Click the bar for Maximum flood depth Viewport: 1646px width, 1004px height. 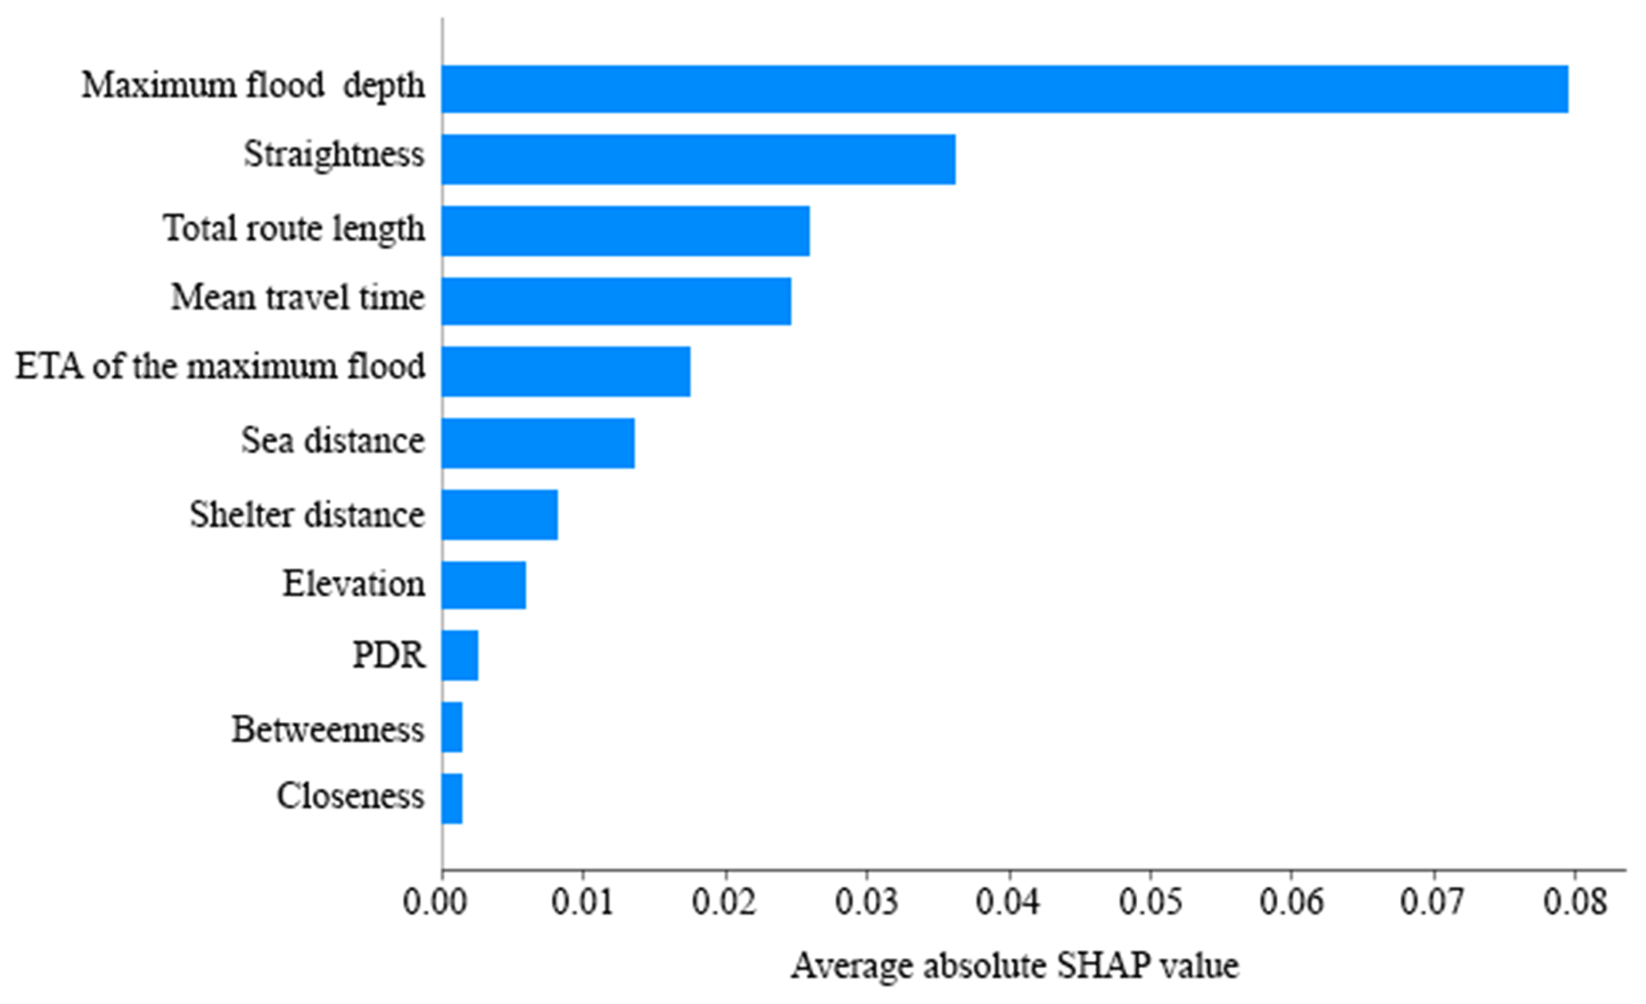[1005, 88]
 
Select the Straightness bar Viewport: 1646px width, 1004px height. [698, 159]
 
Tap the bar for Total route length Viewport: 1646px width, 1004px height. [626, 230]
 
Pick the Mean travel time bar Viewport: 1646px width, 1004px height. [616, 301]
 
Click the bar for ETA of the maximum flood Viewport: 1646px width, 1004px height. [566, 371]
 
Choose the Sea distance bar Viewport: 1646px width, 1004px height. [538, 443]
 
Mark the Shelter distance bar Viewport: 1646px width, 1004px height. [500, 515]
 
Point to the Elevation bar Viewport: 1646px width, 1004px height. [484, 585]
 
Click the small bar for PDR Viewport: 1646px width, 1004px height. [460, 656]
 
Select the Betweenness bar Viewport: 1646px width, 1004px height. [452, 727]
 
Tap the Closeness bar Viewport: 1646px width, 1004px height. [452, 798]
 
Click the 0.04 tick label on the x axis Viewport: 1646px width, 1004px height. [1009, 903]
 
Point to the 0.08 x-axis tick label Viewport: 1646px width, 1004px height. [1574, 903]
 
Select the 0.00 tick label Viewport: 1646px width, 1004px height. [443, 903]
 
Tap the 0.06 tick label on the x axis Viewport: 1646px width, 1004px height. [1292, 903]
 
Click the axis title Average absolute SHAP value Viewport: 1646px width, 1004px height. [1015, 966]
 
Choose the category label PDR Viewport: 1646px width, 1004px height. [389, 656]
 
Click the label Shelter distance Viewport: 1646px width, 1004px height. [307, 515]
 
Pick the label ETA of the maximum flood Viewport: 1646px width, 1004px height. [221, 367]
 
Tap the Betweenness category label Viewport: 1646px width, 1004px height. [327, 729]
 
